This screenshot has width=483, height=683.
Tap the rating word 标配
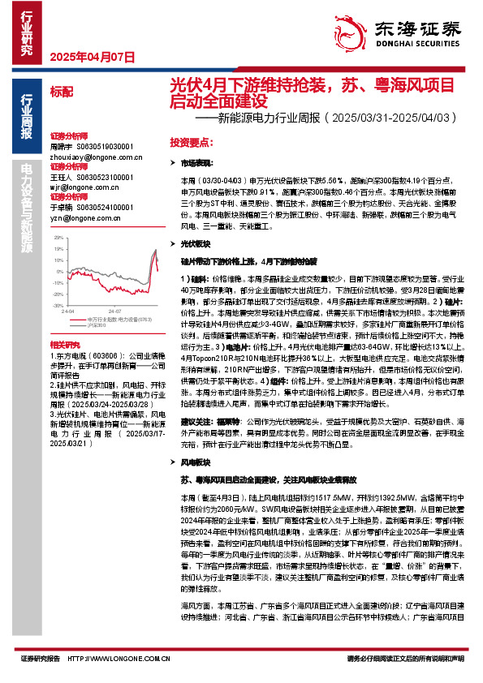pyautogui.click(x=60, y=93)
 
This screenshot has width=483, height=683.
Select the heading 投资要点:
pyautogui.click(x=191, y=142)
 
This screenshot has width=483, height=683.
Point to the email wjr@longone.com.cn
pyautogui.click(x=78, y=187)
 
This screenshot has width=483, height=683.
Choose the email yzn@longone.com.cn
pyautogui.click(x=78, y=218)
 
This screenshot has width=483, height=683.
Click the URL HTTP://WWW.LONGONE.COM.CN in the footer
pyautogui.click(x=113, y=659)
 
